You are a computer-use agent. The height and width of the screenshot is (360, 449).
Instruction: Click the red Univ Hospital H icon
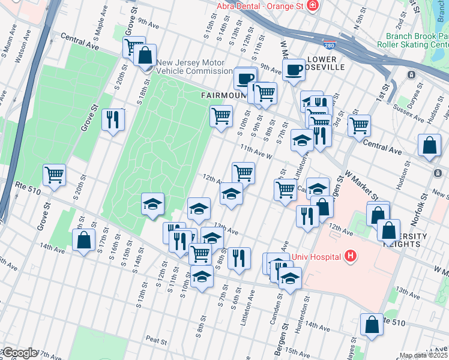[351, 257]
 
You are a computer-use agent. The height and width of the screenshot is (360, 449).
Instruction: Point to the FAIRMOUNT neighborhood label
[223, 95]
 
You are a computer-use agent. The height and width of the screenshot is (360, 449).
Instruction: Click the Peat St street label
[156, 340]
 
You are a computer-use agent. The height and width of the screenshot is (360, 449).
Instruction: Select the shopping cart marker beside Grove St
[54, 175]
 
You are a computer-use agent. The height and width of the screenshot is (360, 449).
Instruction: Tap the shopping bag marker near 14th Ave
[83, 240]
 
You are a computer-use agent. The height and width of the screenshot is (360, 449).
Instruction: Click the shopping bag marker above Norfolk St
[430, 146]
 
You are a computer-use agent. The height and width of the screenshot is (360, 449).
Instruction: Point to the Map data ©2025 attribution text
[424, 355]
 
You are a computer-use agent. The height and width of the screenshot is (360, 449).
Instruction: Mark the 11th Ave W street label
[256, 151]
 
